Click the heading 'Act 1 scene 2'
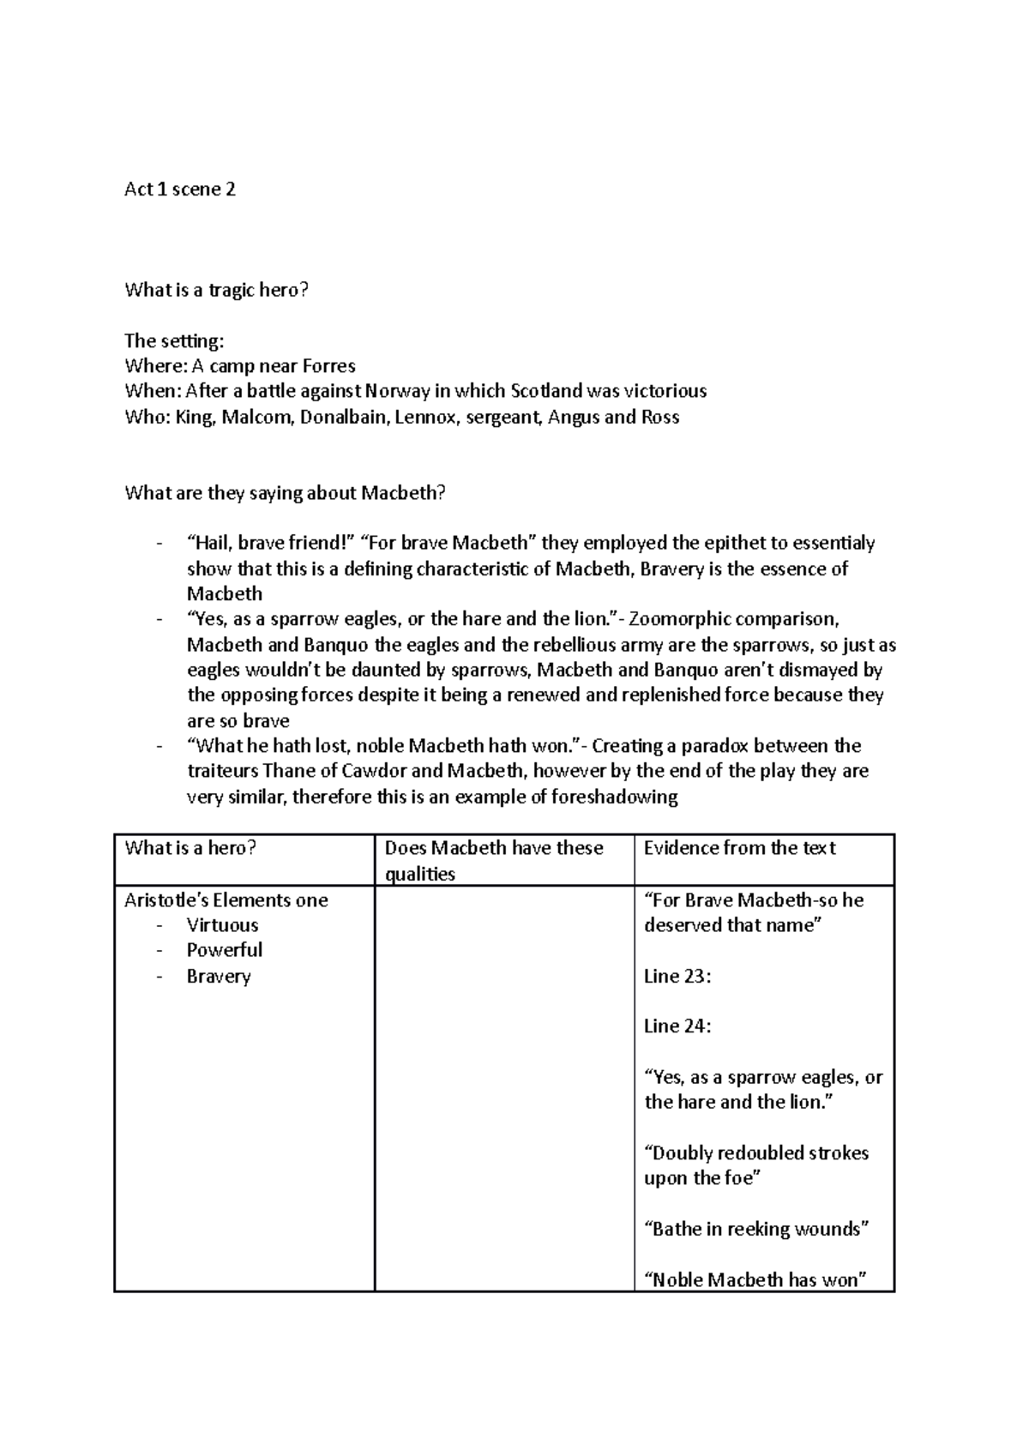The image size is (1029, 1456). pos(179,190)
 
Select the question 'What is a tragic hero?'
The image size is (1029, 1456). pos(216,290)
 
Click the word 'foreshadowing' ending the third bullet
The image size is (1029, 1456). pos(616,797)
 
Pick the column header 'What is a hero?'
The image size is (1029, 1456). pos(190,848)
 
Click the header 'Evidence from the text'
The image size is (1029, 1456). pos(739,848)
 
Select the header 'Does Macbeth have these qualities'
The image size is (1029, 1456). pos(494,860)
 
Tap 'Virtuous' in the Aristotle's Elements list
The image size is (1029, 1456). pos(222,925)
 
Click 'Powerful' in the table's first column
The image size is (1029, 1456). pos(224,950)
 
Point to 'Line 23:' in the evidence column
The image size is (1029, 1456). pos(677,976)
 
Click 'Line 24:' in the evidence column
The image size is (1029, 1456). pos(677,1026)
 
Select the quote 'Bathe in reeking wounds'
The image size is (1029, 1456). pos(756,1230)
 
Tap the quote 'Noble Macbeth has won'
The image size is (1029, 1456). pos(755,1280)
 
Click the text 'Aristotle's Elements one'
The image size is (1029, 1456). pos(226,900)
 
